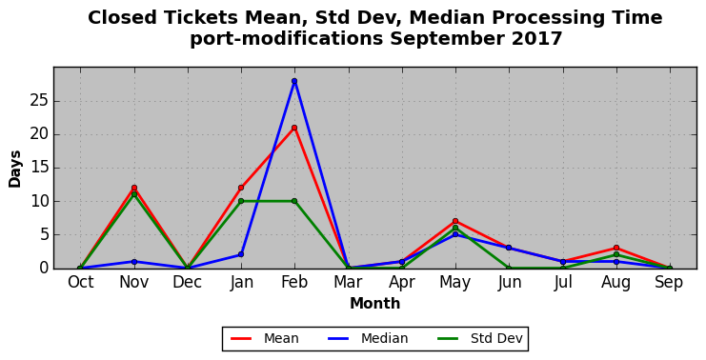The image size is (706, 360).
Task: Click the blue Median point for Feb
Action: tap(294, 81)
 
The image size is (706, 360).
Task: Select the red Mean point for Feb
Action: tap(294, 128)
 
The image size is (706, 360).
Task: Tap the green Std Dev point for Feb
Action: tap(294, 201)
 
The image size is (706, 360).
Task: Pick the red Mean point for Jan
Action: tap(241, 188)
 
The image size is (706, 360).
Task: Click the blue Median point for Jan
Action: tap(241, 254)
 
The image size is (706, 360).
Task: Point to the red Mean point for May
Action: tap(455, 221)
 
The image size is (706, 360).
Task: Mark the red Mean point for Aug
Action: tap(615, 248)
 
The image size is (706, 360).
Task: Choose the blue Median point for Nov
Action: tap(134, 262)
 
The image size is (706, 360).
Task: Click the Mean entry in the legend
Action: tap(265, 338)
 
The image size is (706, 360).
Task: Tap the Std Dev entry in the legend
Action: tap(480, 338)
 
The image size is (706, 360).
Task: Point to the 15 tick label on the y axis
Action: tap(40, 168)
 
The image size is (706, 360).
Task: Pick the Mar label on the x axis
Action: tap(348, 283)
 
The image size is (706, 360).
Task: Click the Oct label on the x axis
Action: tap(81, 283)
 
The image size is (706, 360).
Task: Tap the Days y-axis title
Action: tap(15, 169)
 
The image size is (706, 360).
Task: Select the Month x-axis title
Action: tap(375, 303)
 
